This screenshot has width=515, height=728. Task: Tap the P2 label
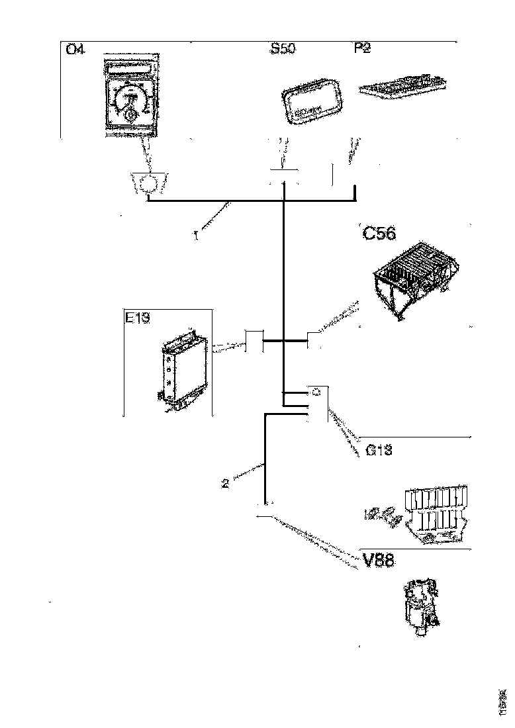(x=363, y=50)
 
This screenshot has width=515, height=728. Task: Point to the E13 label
(x=138, y=318)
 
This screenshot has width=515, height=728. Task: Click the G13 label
(x=379, y=450)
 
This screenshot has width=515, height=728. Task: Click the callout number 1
(x=196, y=235)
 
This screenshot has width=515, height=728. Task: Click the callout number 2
(x=225, y=483)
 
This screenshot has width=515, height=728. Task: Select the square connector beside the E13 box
(x=254, y=342)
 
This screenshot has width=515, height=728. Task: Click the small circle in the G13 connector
(x=316, y=392)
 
